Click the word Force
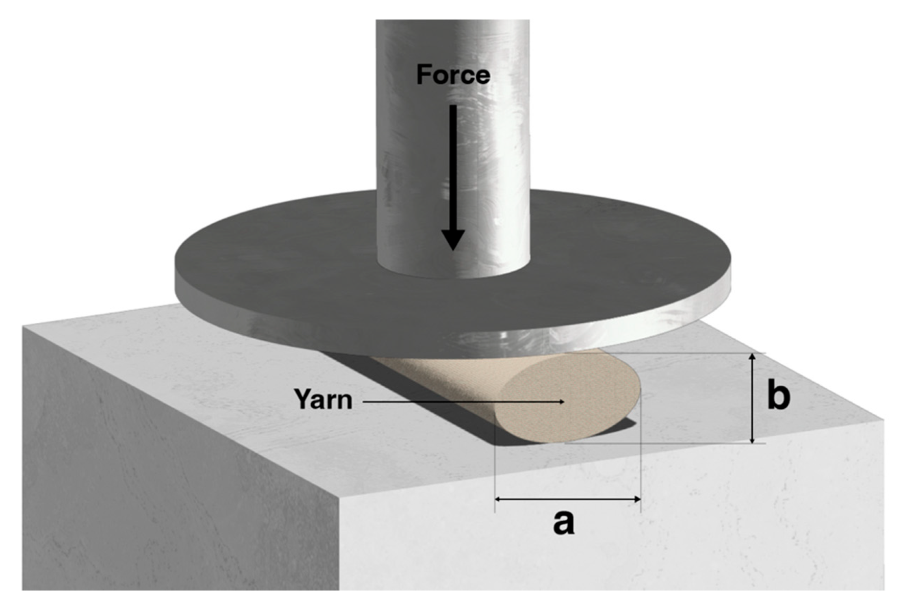coord(453,75)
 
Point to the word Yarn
coord(323,399)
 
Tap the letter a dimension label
coord(564,523)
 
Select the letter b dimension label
coord(778,397)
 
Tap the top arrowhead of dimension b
coord(752,357)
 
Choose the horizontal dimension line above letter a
coord(567,499)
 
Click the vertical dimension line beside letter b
coord(752,399)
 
